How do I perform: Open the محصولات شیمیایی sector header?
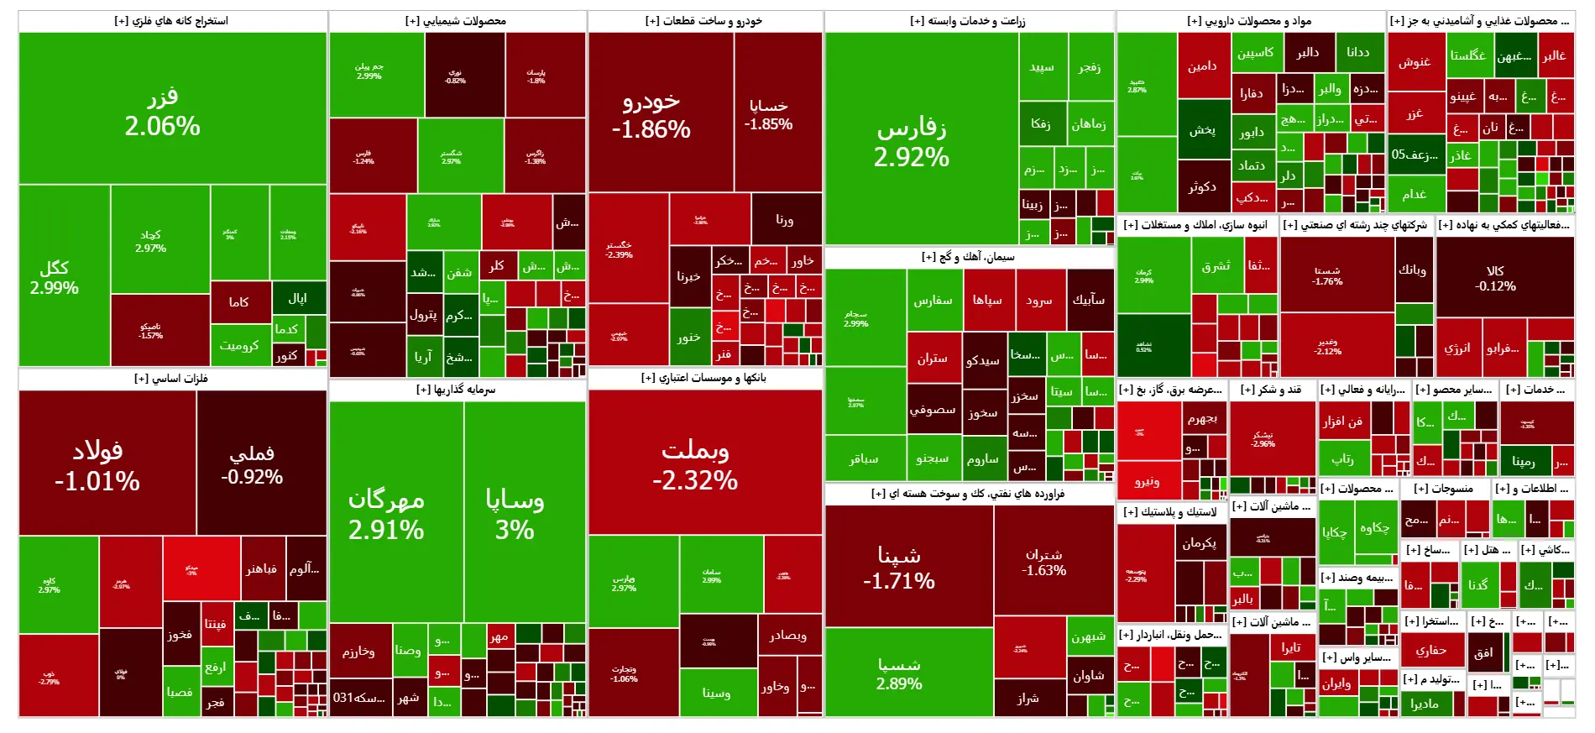456,21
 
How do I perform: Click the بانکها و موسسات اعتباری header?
703,378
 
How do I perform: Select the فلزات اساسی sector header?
171,379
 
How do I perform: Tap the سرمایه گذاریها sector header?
456,390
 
